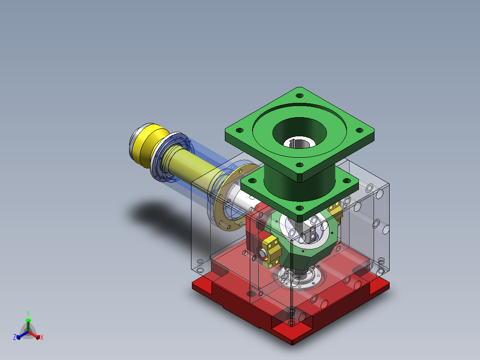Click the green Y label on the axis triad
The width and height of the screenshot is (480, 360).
tap(28, 313)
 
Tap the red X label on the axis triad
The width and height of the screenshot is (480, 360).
tap(42, 337)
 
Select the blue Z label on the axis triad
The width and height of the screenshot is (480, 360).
tap(15, 337)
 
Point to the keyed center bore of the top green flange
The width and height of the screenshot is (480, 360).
tap(299, 143)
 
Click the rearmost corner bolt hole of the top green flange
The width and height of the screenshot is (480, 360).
tap(300, 96)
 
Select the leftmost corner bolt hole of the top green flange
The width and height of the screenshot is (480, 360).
tap(240, 131)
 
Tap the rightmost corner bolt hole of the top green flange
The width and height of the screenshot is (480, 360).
tap(360, 130)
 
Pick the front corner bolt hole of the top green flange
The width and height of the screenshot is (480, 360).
tap(300, 165)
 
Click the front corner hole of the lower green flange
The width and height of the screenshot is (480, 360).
tap(300, 209)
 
